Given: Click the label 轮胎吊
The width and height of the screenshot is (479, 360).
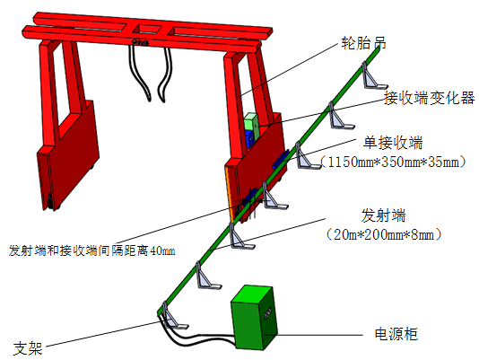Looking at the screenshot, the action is [x=363, y=43].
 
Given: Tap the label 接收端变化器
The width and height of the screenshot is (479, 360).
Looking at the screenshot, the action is [x=429, y=98].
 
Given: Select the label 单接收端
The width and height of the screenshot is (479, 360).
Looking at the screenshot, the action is [x=393, y=143].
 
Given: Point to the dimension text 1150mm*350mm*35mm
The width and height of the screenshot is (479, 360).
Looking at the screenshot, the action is [x=393, y=162].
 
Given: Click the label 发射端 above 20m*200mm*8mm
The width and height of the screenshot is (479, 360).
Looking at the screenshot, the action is [x=383, y=215].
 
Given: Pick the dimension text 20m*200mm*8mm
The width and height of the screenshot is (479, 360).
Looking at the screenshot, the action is [x=384, y=235].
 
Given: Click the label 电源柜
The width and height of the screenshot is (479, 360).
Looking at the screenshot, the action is [x=396, y=334].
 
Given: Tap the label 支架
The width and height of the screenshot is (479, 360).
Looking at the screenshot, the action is [x=28, y=348].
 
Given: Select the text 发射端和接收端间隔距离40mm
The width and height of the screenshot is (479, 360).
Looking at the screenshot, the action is [x=92, y=250].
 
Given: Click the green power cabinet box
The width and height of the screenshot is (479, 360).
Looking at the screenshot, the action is [x=254, y=317].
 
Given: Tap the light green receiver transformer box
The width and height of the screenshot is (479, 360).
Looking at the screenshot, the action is [x=252, y=125].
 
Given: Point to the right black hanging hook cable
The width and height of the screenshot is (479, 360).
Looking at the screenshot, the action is [x=164, y=75].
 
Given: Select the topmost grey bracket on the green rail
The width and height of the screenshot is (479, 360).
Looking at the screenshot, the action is [x=372, y=76].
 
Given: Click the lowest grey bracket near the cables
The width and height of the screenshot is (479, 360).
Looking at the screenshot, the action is [x=173, y=316].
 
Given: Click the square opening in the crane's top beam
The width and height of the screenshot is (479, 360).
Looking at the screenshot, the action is [x=148, y=30].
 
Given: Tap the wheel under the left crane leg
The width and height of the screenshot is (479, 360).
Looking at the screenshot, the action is [x=50, y=202].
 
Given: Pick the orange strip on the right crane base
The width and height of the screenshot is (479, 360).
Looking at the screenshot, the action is [x=229, y=194].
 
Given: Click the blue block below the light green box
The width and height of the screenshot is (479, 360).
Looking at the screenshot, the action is [x=249, y=139].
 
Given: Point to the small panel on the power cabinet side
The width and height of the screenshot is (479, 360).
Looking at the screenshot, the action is [x=268, y=312].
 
